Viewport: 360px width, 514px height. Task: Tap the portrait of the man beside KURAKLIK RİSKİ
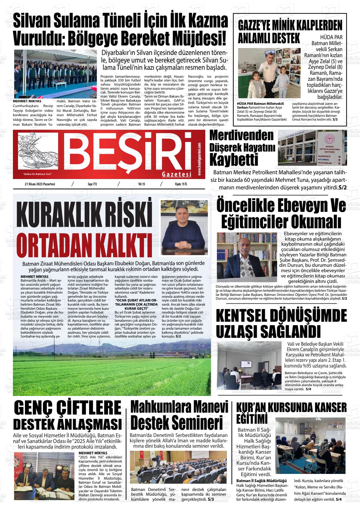(x=184, y=228)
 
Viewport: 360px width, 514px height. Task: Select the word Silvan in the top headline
(x=33, y=21)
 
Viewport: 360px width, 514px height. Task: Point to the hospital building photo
(x=312, y=148)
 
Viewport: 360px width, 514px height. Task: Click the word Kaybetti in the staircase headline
(x=234, y=160)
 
